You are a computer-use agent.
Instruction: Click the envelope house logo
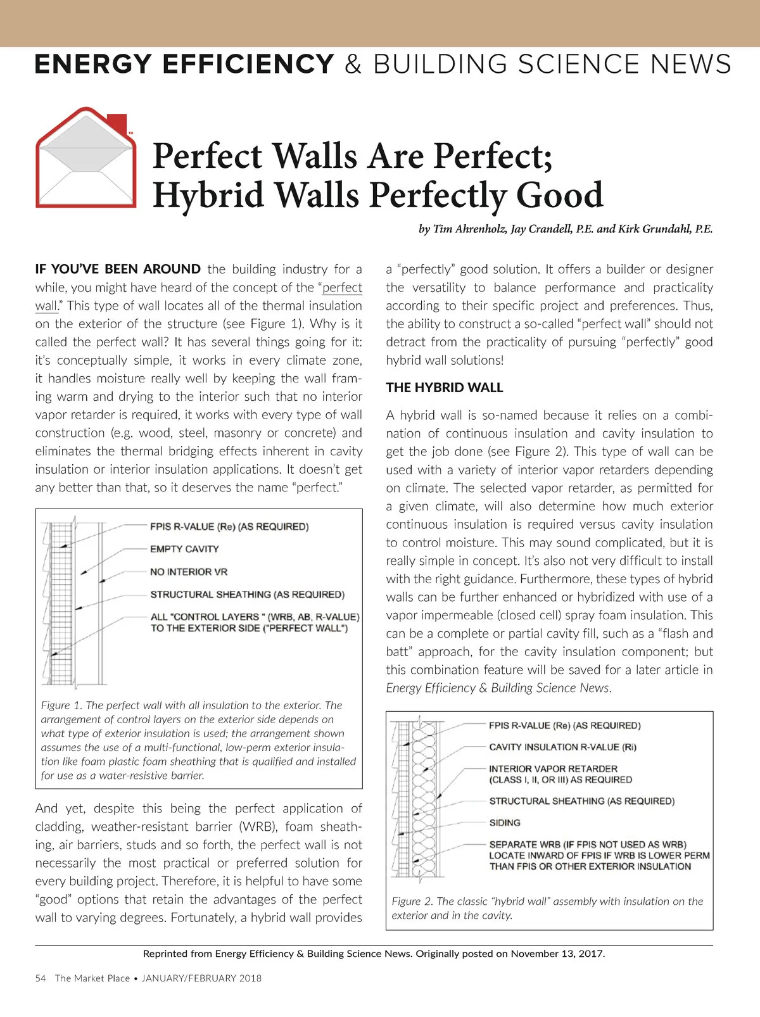85,158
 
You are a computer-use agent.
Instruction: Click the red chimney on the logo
117,121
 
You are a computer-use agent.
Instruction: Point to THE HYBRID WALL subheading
444,388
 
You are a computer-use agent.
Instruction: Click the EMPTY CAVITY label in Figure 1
184,549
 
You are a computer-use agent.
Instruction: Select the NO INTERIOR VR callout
189,572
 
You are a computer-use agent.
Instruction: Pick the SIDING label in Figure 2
505,823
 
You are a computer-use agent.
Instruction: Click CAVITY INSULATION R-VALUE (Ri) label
562,747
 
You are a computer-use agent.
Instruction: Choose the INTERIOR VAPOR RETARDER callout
553,769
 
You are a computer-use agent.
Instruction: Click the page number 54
41,978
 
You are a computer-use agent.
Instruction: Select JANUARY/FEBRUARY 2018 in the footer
201,978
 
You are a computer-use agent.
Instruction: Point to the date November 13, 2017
557,954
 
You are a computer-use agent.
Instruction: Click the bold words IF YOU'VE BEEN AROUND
118,269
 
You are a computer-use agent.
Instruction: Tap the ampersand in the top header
353,65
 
